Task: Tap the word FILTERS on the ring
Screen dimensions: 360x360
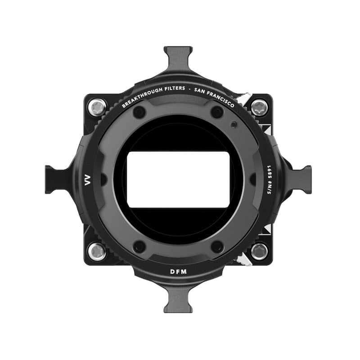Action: click(x=175, y=88)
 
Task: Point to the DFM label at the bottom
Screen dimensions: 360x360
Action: click(x=179, y=272)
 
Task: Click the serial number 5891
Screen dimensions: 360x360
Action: click(x=270, y=172)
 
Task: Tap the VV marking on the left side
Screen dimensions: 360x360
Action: click(x=88, y=180)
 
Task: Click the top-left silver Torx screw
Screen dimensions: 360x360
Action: click(x=97, y=108)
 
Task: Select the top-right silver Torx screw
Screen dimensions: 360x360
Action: click(x=260, y=108)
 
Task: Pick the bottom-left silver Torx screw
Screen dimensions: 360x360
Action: click(x=97, y=252)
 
